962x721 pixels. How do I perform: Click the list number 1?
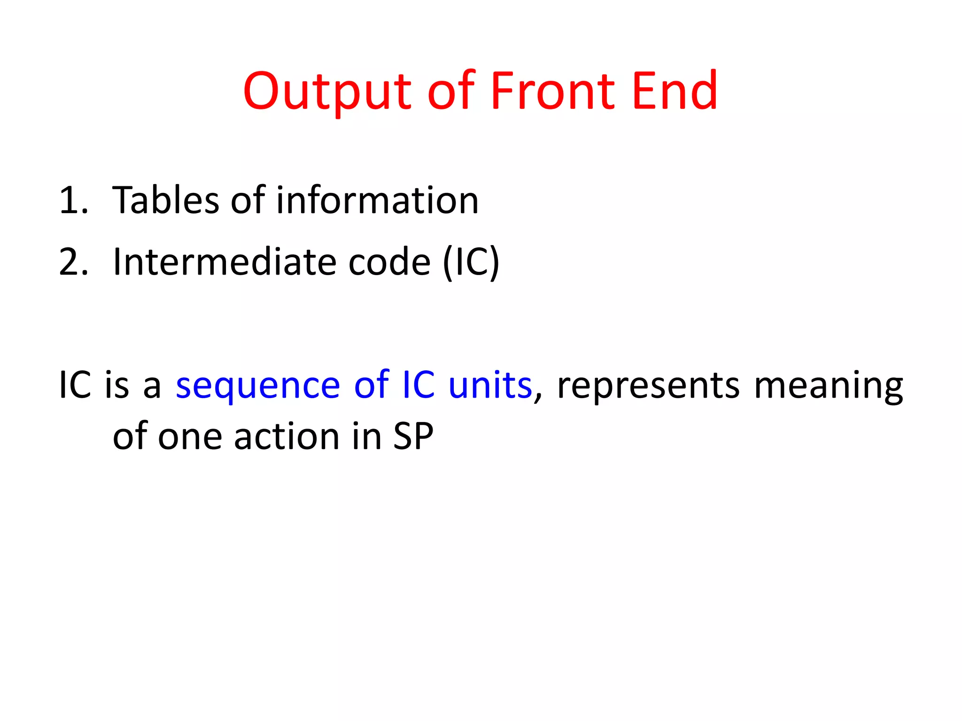73,201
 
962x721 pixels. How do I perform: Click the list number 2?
73,262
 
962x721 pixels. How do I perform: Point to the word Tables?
165,200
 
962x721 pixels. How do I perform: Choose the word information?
377,200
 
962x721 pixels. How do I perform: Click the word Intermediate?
225,262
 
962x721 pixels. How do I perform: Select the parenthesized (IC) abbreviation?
471,262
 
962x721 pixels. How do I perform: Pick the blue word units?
490,385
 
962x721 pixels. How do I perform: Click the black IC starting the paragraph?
75,385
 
